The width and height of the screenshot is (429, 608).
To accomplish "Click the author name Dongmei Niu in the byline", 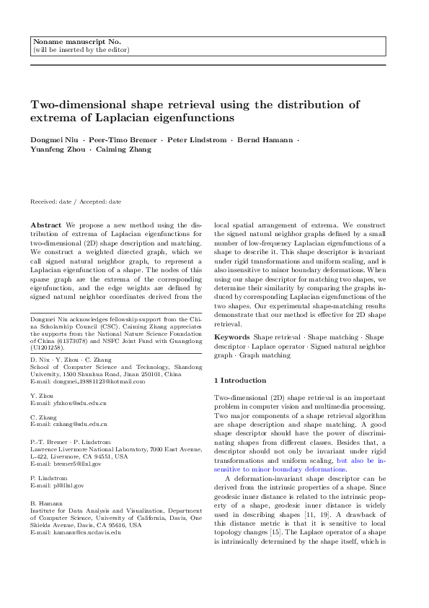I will point(52,139).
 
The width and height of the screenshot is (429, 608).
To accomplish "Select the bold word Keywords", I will point(232,337).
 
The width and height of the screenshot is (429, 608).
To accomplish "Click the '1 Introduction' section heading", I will point(240,381).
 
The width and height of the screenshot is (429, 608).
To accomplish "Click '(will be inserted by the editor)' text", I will point(81,50).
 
